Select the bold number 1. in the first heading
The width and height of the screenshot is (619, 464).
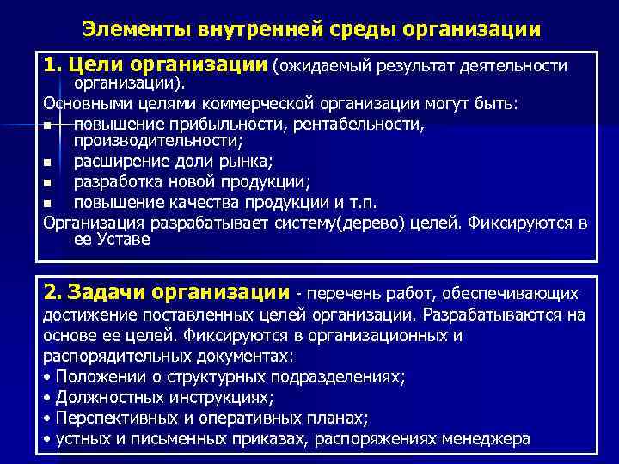tap(53, 65)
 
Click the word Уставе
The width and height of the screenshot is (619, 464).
tap(126, 240)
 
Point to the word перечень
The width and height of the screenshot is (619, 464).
tap(343, 294)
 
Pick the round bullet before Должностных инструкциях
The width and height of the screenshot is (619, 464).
tap(46, 398)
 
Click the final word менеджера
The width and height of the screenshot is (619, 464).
tap(486, 439)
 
